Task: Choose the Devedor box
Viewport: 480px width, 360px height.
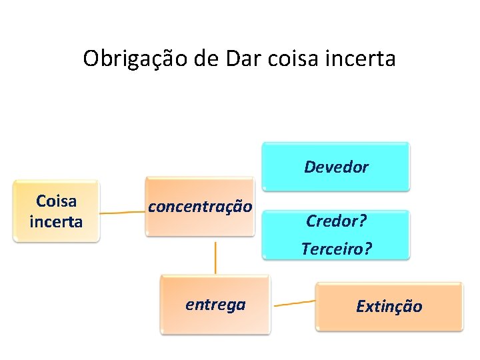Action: [335, 166]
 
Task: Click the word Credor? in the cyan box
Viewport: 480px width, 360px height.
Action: [336, 221]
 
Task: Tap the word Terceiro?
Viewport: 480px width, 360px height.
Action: [336, 249]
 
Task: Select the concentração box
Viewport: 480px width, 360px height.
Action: [200, 207]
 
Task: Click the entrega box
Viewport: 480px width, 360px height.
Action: [215, 305]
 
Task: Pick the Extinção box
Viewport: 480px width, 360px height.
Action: [389, 306]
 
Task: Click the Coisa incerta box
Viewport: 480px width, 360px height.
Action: [56, 211]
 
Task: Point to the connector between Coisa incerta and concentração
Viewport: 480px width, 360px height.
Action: [123, 213]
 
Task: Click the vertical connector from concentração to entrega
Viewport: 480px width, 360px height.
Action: [215, 257]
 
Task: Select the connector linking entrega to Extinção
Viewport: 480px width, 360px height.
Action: [293, 303]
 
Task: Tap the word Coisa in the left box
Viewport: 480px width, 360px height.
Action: [56, 201]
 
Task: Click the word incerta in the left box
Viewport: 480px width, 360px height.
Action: [56, 221]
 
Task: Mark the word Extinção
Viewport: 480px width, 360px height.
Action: [389, 306]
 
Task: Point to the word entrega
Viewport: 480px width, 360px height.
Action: [215, 305]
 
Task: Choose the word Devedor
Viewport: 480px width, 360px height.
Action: [335, 167]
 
